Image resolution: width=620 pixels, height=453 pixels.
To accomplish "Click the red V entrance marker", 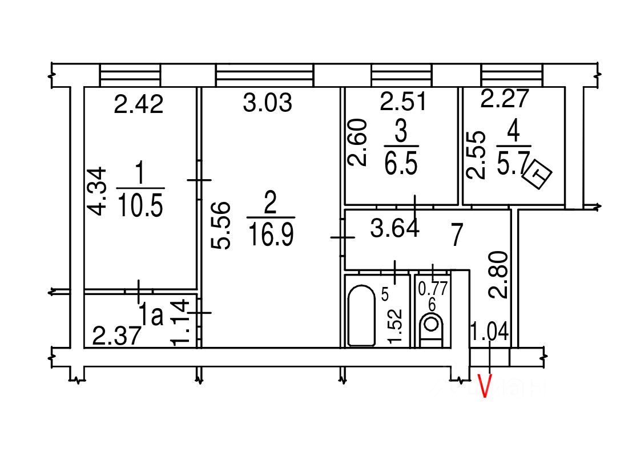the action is [x=485, y=386].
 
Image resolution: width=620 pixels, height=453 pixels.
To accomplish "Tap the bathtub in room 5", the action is [x=361, y=316].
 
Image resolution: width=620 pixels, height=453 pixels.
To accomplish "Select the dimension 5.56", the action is [x=220, y=225].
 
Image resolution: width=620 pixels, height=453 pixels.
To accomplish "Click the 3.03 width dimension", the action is [x=267, y=103].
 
